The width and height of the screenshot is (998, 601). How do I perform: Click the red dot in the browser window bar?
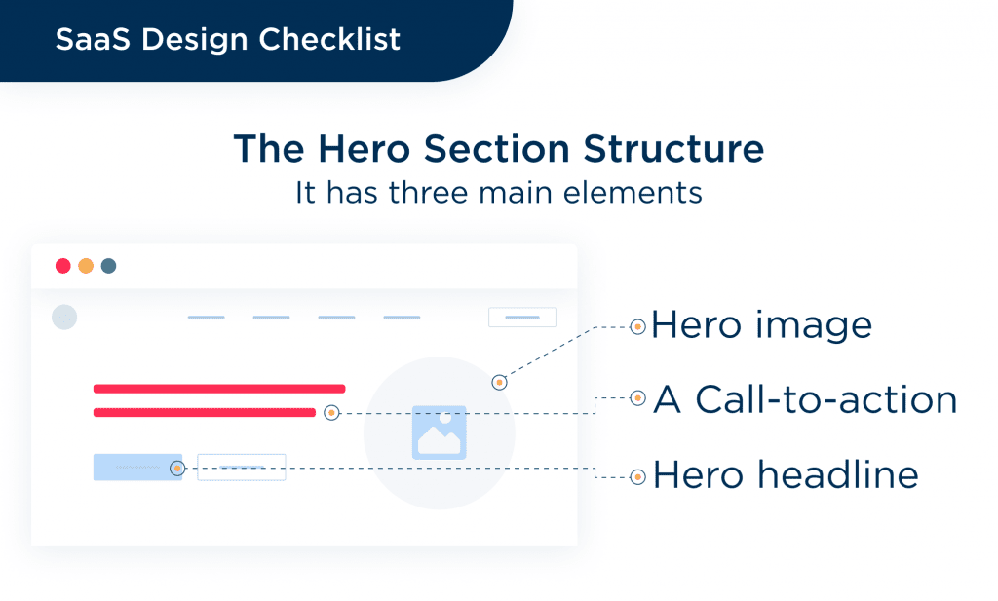point(63,266)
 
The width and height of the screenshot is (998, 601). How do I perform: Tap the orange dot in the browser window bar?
point(86,266)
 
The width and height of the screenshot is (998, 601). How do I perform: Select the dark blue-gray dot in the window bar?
point(108,266)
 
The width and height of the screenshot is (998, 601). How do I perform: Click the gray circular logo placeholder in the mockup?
point(64,317)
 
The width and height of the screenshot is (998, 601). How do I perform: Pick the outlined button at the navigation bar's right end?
point(522,318)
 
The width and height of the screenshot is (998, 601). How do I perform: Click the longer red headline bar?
point(219,389)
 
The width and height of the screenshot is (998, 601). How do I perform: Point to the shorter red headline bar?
point(204,413)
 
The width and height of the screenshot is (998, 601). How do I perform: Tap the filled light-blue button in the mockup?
point(136,468)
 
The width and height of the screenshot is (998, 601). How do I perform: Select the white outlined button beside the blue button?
point(242,468)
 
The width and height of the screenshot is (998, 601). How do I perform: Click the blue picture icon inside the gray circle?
point(440,432)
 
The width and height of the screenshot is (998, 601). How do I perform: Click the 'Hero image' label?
point(762,325)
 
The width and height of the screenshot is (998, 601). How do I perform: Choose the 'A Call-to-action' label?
point(805,398)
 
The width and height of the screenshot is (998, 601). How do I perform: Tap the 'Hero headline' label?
point(786,475)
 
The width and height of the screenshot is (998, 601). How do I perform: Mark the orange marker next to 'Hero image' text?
point(637,327)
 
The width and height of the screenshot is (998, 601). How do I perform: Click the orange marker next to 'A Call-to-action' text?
point(637,398)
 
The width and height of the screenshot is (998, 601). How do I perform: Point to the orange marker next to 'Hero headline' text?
point(637,477)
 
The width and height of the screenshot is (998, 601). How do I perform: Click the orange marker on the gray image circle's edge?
point(499,383)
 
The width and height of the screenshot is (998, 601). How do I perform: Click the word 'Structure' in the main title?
point(673,149)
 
